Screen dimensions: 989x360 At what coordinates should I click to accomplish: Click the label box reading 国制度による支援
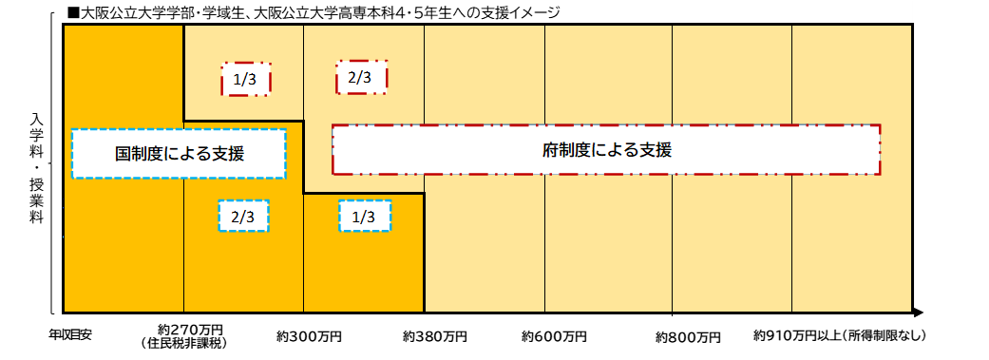pyautogui.click(x=179, y=154)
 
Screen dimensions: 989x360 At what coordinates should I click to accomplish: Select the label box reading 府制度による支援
pyautogui.click(x=606, y=149)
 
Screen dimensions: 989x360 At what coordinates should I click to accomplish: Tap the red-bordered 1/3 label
pyautogui.click(x=245, y=80)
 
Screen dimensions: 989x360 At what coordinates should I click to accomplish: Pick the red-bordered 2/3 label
pyautogui.click(x=360, y=77)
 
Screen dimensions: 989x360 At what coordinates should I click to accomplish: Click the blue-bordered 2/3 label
pyautogui.click(x=243, y=217)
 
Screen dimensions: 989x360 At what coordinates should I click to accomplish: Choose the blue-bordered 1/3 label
pyautogui.click(x=364, y=217)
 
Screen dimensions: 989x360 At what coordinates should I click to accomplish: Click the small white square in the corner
pyautogui.click(x=922, y=12)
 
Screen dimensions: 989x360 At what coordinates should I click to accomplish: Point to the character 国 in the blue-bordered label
pyautogui.click(x=124, y=154)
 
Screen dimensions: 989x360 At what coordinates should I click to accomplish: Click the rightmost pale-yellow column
pyautogui.click(x=851, y=237)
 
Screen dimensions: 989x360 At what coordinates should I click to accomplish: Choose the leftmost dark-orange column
pyautogui.click(x=124, y=247)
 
